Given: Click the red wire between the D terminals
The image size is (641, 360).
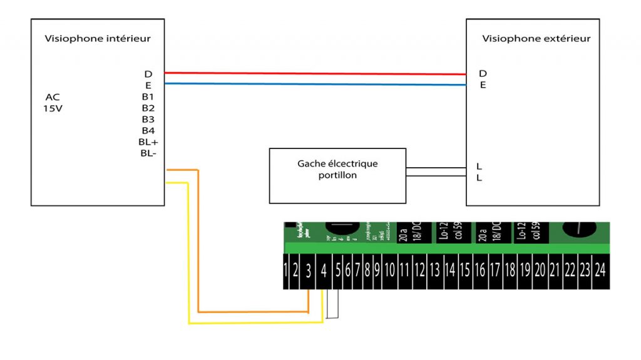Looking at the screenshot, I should pyautogui.click(x=313, y=73).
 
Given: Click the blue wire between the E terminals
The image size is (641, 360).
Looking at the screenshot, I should pyautogui.click(x=313, y=84).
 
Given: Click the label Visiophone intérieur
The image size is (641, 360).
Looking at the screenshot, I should pyautogui.click(x=98, y=39).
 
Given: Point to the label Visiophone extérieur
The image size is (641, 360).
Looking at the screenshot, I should pyautogui.click(x=536, y=39).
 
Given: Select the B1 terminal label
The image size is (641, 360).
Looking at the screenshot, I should pyautogui.click(x=148, y=97).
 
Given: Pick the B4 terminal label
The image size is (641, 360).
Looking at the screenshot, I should pyautogui.click(x=148, y=130).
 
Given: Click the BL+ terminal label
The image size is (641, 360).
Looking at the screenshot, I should pyautogui.click(x=148, y=142).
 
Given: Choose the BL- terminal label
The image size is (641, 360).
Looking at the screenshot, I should pyautogui.click(x=148, y=153).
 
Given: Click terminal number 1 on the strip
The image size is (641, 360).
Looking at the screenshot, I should pyautogui.click(x=287, y=272).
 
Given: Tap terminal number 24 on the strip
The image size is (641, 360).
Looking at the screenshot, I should pyautogui.click(x=600, y=272).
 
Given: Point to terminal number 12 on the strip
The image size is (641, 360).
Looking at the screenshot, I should pyautogui.click(x=419, y=272).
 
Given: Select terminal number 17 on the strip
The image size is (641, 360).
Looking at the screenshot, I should pyautogui.click(x=495, y=272).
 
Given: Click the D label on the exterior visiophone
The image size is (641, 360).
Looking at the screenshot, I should pyautogui.click(x=483, y=73).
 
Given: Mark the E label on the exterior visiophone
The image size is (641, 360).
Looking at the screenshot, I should pyautogui.click(x=483, y=85).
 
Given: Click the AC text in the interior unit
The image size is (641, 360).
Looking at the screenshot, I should pyautogui.click(x=53, y=97).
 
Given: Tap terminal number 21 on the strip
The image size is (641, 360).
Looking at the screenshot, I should pyautogui.click(x=554, y=272).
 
